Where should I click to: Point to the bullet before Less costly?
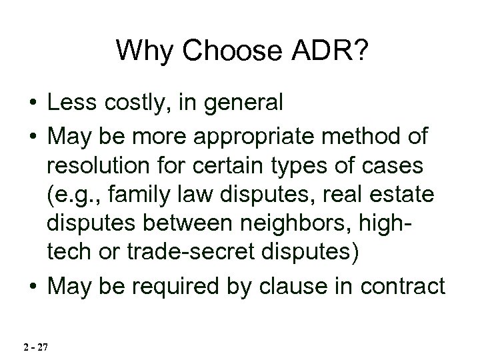point(31,103)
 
